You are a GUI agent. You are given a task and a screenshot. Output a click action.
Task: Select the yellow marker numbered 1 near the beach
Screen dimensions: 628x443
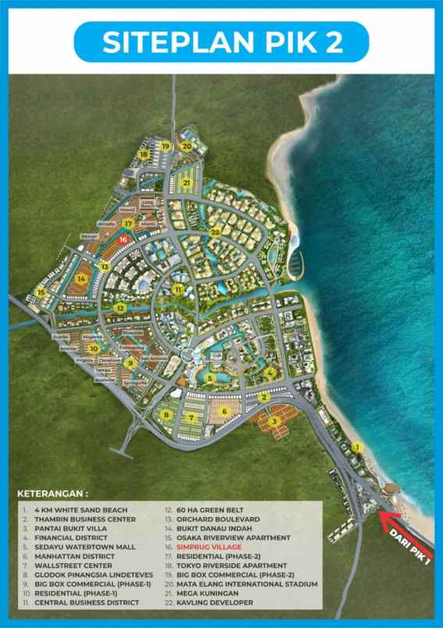[x=357, y=448]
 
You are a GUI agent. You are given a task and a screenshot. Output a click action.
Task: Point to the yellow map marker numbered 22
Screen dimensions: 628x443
[x=214, y=232]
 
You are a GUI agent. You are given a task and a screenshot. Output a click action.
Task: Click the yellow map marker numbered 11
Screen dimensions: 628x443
[x=180, y=290]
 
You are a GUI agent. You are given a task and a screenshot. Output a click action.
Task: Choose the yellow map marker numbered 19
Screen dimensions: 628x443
[x=165, y=146]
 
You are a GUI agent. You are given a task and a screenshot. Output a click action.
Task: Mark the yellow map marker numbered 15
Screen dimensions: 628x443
[x=40, y=291]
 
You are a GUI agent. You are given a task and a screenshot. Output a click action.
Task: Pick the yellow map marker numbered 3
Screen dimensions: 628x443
[x=274, y=422]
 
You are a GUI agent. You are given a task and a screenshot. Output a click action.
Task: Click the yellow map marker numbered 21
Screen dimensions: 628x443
[x=187, y=183]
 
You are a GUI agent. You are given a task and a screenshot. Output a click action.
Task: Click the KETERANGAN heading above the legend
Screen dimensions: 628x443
[x=53, y=494]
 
